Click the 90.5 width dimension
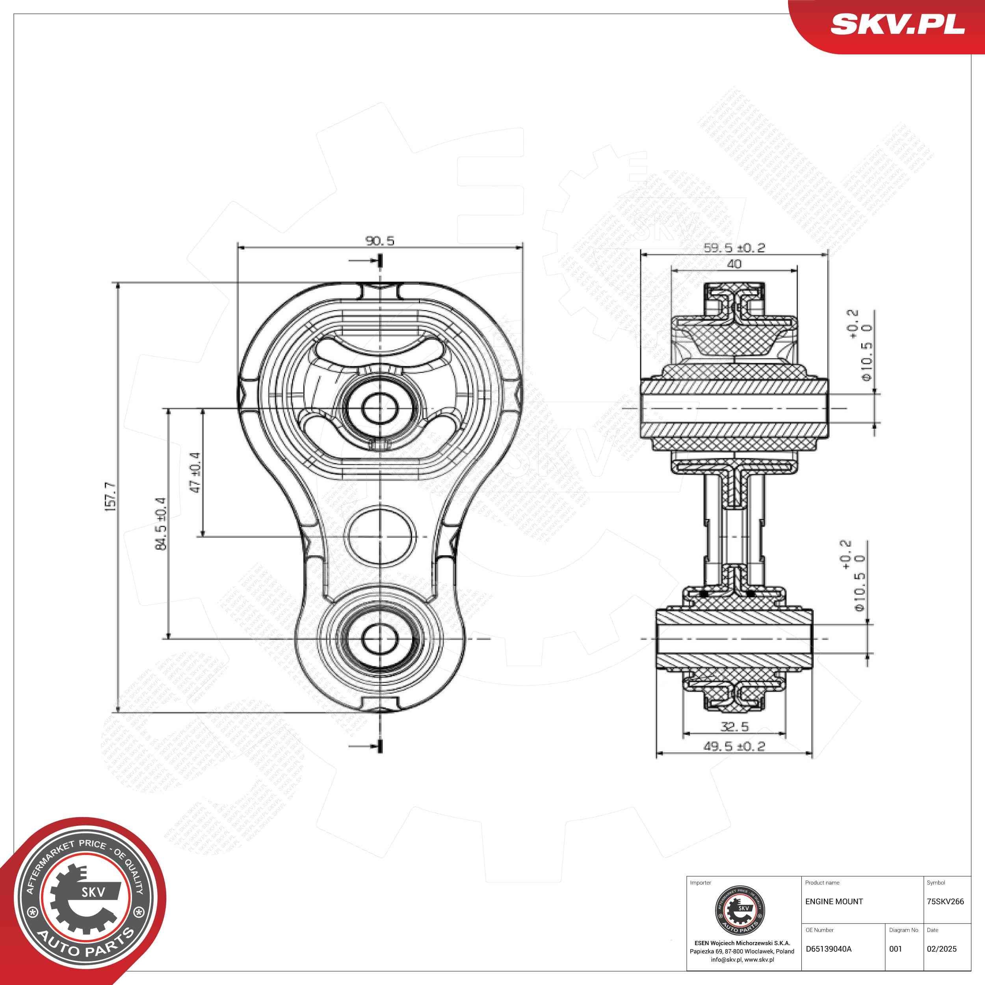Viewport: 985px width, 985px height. pos(380,241)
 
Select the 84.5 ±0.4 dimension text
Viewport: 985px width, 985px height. pos(161,523)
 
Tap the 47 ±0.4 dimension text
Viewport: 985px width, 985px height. pos(195,472)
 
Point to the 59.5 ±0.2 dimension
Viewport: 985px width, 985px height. pos(734,248)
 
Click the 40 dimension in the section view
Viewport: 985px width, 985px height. pos(734,264)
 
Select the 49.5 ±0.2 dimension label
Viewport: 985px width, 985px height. pos(734,746)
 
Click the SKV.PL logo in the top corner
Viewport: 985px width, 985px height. pos(897,24)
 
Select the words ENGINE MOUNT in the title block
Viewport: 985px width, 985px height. pos(834,901)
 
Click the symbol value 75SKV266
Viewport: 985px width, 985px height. pos(945,901)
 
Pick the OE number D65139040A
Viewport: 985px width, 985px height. pos(829,949)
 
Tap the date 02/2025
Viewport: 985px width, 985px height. pos(941,949)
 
